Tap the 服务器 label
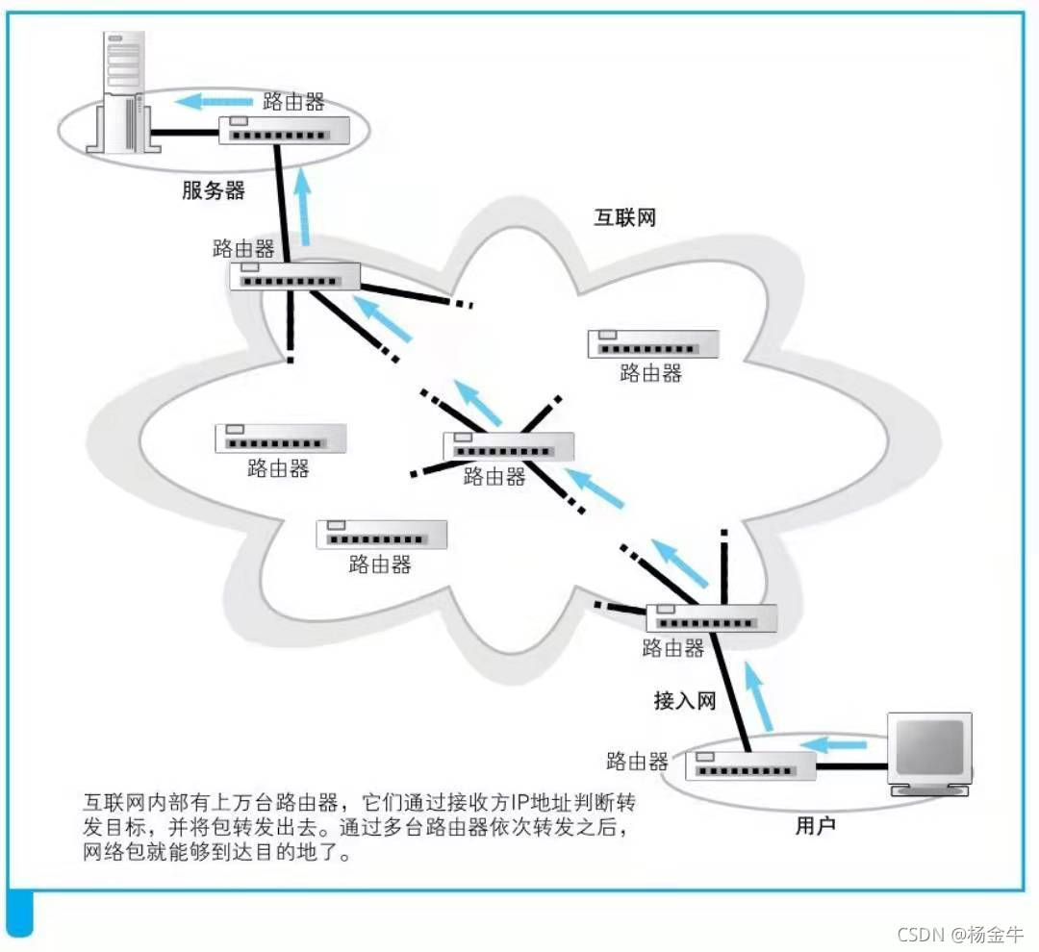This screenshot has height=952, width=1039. [x=214, y=190]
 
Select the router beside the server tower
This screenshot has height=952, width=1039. [x=284, y=131]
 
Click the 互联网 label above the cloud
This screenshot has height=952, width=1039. [x=624, y=216]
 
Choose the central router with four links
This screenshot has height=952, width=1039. [x=508, y=446]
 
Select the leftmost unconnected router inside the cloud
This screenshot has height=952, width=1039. [x=280, y=438]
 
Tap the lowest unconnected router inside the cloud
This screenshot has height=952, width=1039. [x=382, y=535]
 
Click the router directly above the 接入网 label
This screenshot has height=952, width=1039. [x=711, y=617]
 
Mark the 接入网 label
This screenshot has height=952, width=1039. [x=685, y=700]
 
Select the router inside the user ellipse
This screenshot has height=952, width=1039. [x=751, y=766]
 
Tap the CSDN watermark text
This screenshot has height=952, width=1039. [x=959, y=934]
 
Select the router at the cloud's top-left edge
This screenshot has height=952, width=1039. [x=295, y=277]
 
